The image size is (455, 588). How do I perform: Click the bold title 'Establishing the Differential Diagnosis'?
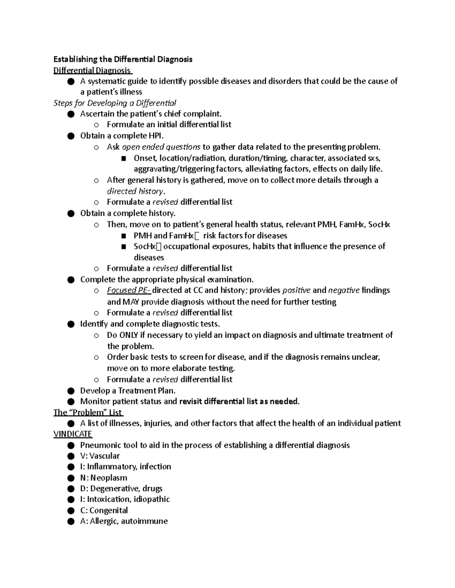click(123, 59)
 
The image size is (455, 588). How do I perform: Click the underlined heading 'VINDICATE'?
click(73, 434)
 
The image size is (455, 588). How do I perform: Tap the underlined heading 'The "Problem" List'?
click(88, 412)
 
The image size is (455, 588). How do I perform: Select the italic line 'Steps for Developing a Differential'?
click(115, 103)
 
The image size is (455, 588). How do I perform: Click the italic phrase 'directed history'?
click(135, 191)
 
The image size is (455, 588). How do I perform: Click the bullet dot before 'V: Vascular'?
click(71, 456)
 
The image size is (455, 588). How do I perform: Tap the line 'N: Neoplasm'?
click(104, 478)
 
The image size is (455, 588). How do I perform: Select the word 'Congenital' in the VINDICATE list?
click(108, 510)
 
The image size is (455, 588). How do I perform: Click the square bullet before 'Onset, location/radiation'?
click(123, 158)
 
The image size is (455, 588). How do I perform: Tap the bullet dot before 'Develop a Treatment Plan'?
click(71, 391)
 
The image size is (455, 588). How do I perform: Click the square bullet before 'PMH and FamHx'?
click(123, 236)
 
